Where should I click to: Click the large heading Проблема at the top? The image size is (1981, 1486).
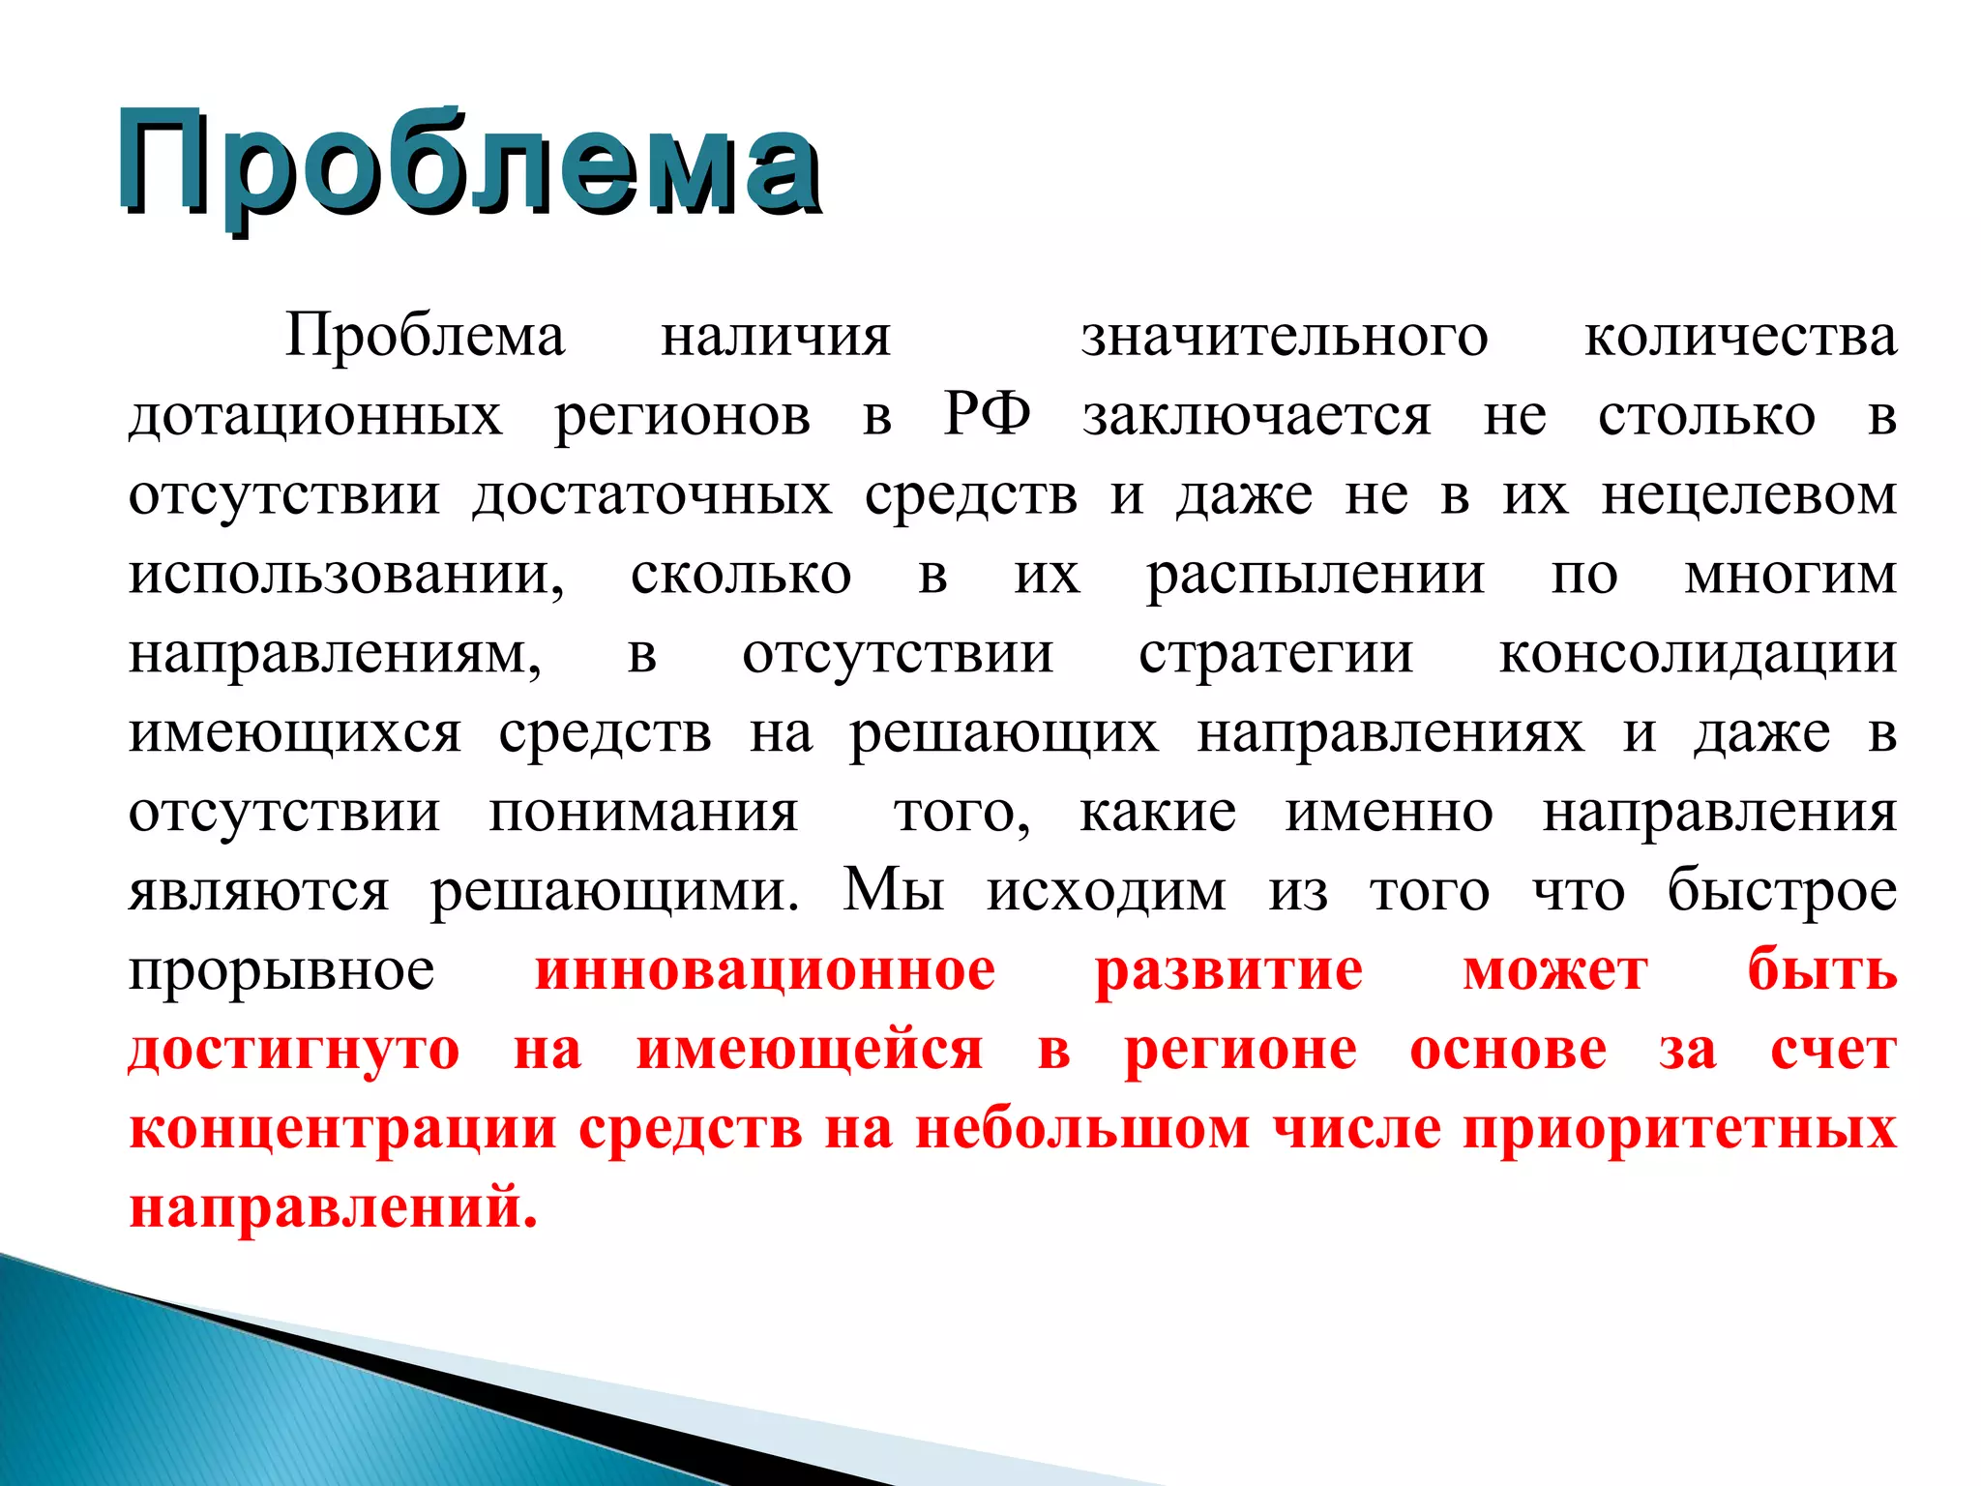pyautogui.click(x=469, y=164)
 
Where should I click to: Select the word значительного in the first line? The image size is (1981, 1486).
pyautogui.click(x=1285, y=338)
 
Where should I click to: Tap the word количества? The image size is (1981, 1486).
pyautogui.click(x=1740, y=338)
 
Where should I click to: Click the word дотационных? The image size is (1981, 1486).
pyautogui.click(x=316, y=417)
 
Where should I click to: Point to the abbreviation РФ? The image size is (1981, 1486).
pyautogui.click(x=987, y=415)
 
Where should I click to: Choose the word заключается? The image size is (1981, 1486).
pyautogui.click(x=1257, y=417)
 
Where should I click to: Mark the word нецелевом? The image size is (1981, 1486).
pyautogui.click(x=1749, y=495)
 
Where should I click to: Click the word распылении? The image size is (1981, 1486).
pyautogui.click(x=1316, y=576)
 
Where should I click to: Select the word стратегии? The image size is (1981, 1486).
pyautogui.click(x=1276, y=655)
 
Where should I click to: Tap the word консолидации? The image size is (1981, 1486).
pyautogui.click(x=1698, y=655)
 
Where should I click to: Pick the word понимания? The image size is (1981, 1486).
pyautogui.click(x=643, y=813)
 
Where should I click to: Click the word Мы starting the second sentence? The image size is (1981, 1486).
pyautogui.click(x=893, y=890)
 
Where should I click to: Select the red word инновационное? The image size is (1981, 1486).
pyautogui.click(x=765, y=970)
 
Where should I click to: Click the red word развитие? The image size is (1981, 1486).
pyautogui.click(x=1228, y=970)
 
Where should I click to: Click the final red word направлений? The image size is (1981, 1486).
pyautogui.click(x=333, y=1207)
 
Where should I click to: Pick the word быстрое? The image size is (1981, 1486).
pyautogui.click(x=1782, y=890)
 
